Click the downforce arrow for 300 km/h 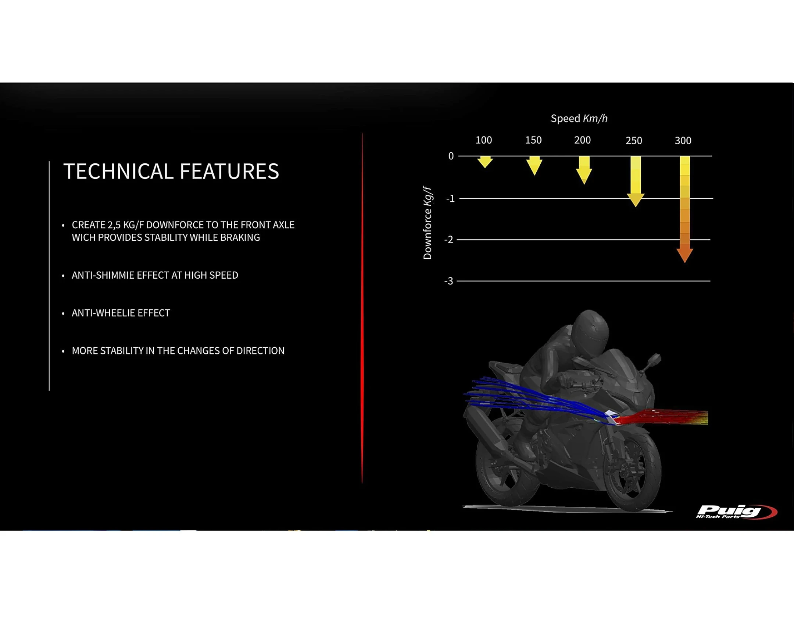click(684, 209)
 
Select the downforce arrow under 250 click(635, 181)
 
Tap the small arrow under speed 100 click(485, 162)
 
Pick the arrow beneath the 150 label click(534, 166)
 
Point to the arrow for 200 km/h click(584, 170)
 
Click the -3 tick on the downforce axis click(448, 281)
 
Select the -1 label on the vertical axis click(450, 199)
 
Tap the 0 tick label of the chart click(451, 156)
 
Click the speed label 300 click(683, 141)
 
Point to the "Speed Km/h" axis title click(579, 119)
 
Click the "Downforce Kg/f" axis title click(428, 223)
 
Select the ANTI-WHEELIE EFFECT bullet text click(121, 313)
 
